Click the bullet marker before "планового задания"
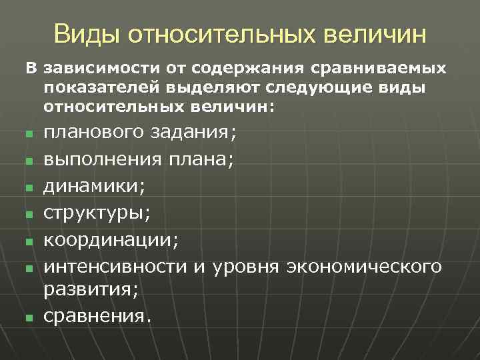[29, 135]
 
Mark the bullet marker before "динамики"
[29, 188]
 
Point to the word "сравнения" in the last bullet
[93, 315]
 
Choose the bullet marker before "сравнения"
[29, 317]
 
